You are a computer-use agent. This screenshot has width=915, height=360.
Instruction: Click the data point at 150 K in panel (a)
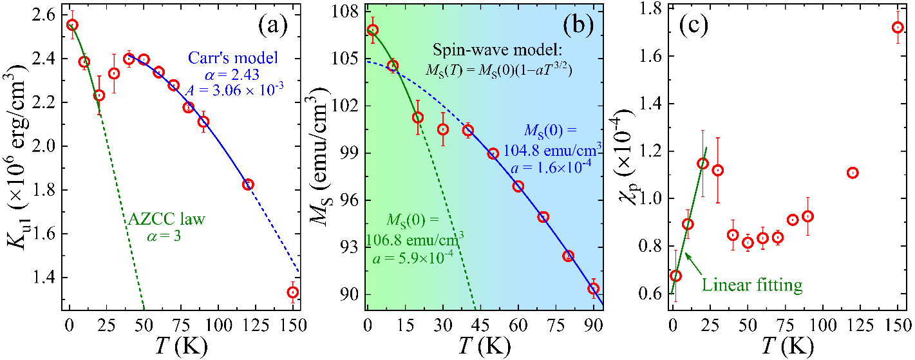coord(293,292)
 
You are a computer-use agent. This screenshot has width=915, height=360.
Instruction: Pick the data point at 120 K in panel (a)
coord(248,184)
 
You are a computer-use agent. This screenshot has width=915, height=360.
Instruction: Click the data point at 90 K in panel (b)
coord(594,289)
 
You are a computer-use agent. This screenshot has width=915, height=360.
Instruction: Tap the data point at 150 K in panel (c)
coord(898,28)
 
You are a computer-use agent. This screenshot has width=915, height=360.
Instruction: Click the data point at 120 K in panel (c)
coord(853,173)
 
